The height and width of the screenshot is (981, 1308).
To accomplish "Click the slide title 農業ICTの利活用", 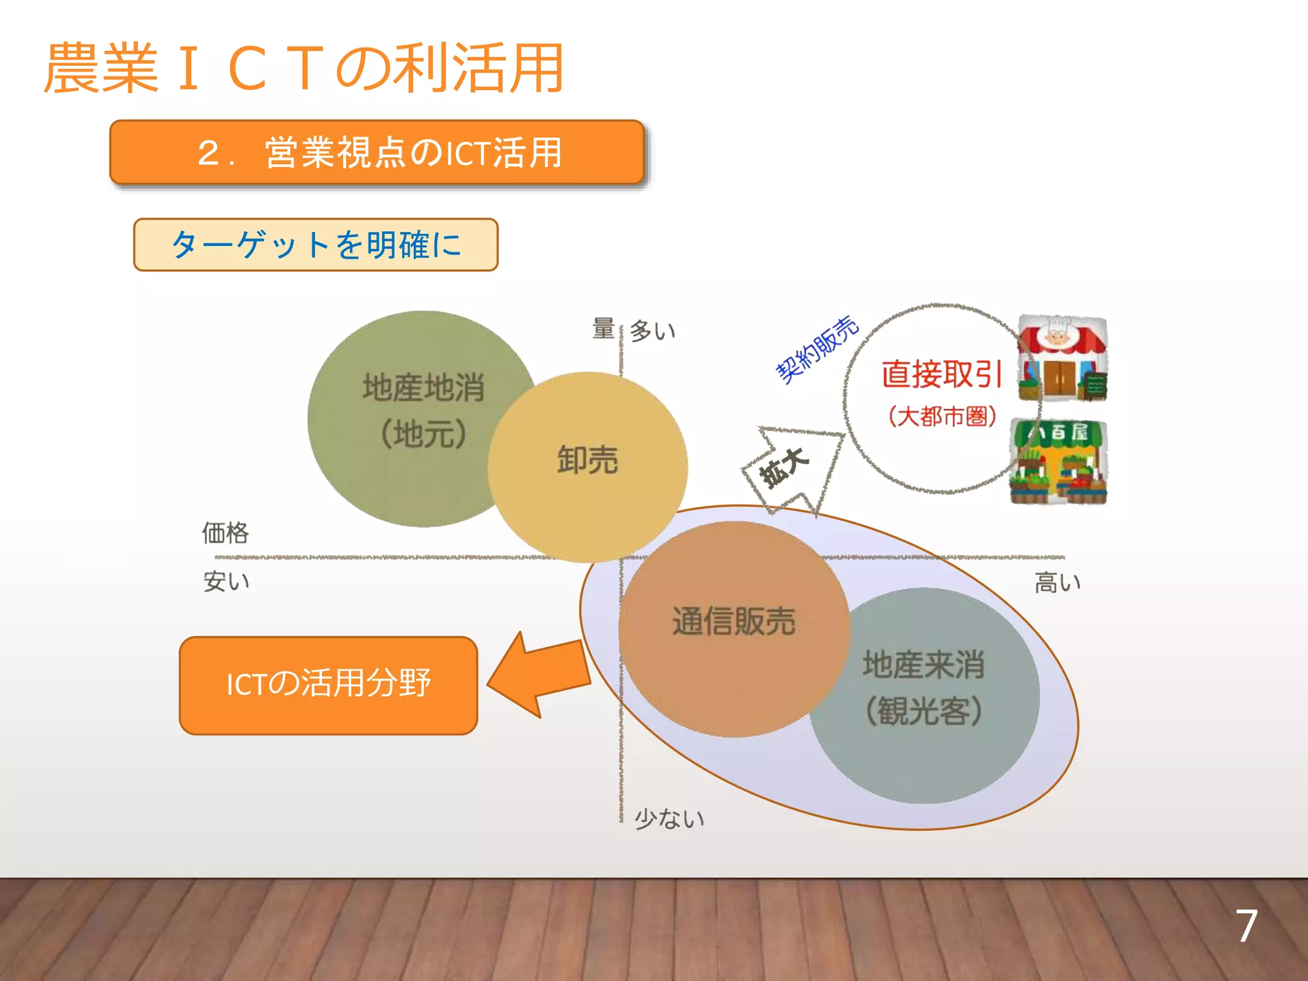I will (x=303, y=68).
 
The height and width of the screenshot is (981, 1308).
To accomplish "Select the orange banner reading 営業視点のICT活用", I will (x=377, y=153).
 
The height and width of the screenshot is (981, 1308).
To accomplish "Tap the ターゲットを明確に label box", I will (x=316, y=245).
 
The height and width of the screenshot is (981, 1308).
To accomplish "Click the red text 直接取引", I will (x=941, y=374).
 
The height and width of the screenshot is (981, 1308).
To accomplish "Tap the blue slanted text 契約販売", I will (x=817, y=349).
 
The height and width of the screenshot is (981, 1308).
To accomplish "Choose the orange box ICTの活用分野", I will (x=328, y=685).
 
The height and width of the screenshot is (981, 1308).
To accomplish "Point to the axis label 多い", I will (x=652, y=331).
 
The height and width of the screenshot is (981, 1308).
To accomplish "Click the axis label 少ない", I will (x=669, y=818).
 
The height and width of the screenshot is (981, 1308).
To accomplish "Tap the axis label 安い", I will (x=226, y=582).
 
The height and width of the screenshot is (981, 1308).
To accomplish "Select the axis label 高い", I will (x=1057, y=582).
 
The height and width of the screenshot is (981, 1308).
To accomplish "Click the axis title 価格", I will (x=225, y=532).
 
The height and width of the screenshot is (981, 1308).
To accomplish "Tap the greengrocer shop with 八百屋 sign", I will (x=1059, y=462).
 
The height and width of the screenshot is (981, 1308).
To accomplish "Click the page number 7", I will (x=1246, y=926).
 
